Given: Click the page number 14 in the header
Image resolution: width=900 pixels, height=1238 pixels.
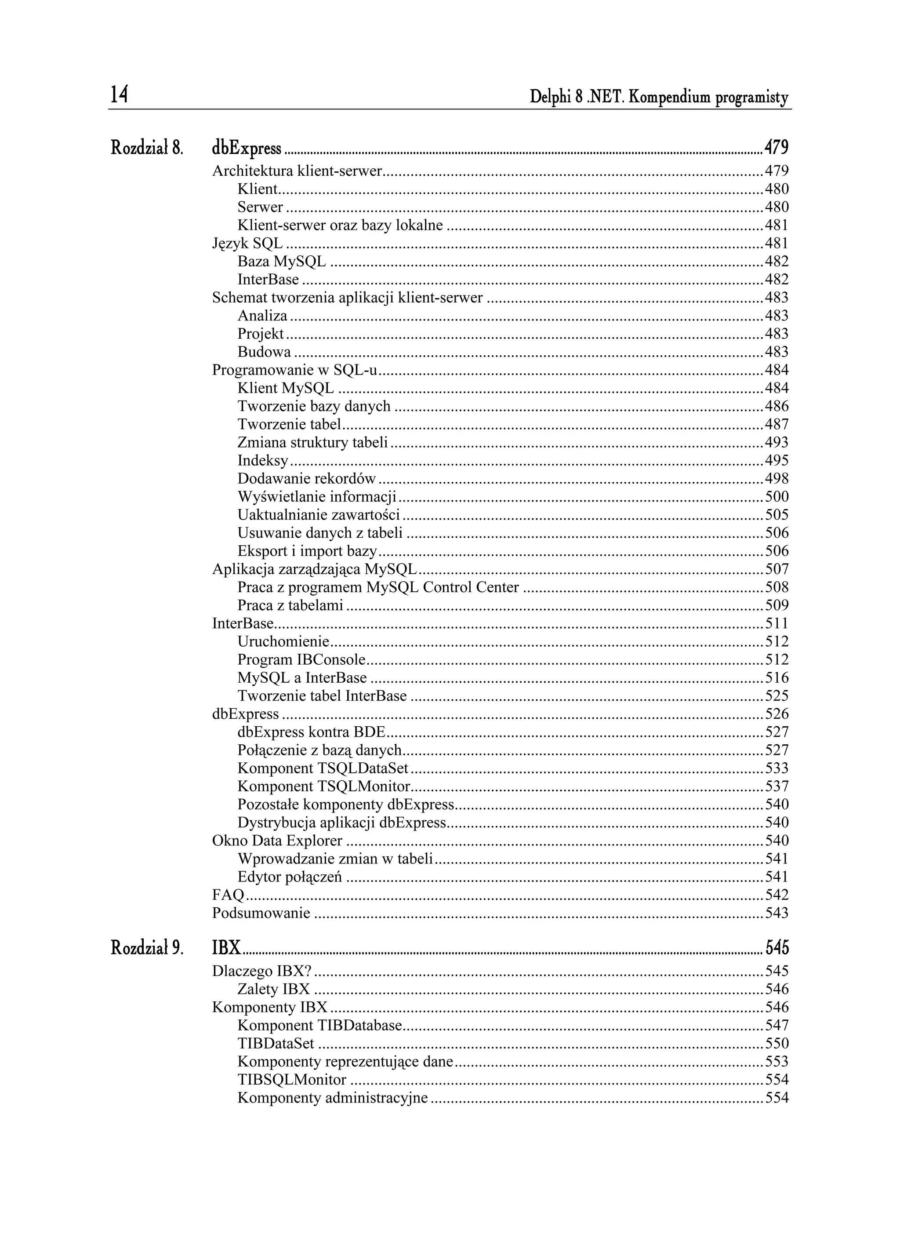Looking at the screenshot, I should click(119, 95).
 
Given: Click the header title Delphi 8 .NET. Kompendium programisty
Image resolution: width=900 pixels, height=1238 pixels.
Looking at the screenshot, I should click(659, 98).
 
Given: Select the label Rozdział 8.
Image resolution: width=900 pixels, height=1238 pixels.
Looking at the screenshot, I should click(146, 147).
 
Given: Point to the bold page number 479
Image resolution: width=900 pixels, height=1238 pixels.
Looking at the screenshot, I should click(776, 147).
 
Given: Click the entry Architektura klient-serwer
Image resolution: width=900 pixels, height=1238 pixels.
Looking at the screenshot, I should click(297, 171).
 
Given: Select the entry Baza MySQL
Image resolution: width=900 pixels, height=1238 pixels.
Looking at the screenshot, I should click(282, 262).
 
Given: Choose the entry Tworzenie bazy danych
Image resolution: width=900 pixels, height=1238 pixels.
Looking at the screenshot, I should click(314, 406).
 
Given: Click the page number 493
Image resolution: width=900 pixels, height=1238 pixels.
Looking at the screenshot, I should click(777, 442).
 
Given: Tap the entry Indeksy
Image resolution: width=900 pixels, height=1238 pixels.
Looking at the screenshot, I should click(262, 461).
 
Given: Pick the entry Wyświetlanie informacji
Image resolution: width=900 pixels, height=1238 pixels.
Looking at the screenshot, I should click(316, 497).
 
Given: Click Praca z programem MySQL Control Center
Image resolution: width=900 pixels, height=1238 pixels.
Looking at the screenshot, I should click(377, 587).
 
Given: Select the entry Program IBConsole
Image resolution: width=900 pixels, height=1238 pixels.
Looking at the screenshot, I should click(301, 659).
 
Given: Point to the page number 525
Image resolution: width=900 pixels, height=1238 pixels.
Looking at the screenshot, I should click(777, 696).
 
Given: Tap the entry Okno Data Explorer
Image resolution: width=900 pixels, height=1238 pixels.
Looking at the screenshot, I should click(277, 841).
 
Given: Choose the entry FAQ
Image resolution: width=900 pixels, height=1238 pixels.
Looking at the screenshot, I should click(228, 895).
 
